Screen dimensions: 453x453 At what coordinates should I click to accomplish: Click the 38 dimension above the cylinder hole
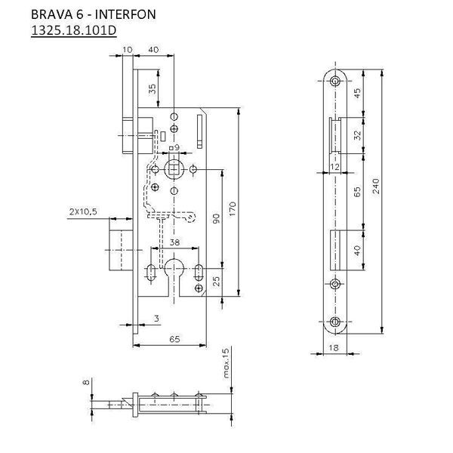(174, 242)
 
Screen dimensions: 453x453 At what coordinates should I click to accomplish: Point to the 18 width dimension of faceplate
(334, 347)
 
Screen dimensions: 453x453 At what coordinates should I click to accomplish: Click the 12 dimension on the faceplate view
(332, 165)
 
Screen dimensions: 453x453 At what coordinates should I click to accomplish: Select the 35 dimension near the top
(153, 88)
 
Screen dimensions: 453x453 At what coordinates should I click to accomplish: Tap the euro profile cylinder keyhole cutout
(175, 272)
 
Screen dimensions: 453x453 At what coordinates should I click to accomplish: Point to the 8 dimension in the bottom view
(86, 384)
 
